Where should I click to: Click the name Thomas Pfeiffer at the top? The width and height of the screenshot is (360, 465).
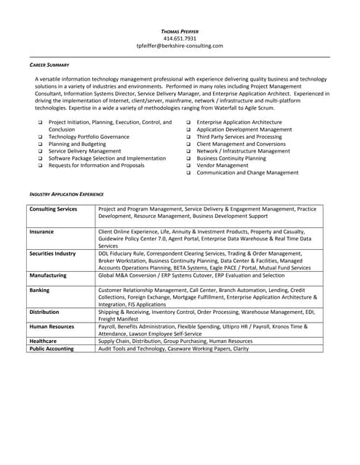(x=180, y=31)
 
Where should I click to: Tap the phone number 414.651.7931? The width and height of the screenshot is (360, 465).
(x=180, y=38)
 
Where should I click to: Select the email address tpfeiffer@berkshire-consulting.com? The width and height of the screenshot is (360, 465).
(x=180, y=45)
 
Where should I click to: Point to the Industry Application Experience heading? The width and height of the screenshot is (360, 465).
(x=66, y=194)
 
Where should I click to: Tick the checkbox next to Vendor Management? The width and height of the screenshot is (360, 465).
(x=188, y=166)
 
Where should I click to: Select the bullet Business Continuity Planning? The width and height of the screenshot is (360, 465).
(x=231, y=158)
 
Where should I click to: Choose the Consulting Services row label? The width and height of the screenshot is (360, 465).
(x=53, y=209)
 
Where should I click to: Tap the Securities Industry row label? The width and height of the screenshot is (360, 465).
(x=52, y=253)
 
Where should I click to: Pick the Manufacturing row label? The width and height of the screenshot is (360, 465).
(x=49, y=275)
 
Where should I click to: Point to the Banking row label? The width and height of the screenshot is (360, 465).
(x=40, y=289)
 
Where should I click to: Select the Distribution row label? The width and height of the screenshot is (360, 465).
(x=44, y=312)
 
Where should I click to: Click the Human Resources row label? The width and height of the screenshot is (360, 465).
(x=52, y=326)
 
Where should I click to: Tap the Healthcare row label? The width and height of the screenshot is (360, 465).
(x=44, y=341)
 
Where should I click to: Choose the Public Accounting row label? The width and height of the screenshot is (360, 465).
(x=52, y=349)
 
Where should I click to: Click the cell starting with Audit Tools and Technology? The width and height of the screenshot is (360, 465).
(x=173, y=349)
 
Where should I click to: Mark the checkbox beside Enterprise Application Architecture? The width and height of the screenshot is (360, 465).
(x=188, y=123)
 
